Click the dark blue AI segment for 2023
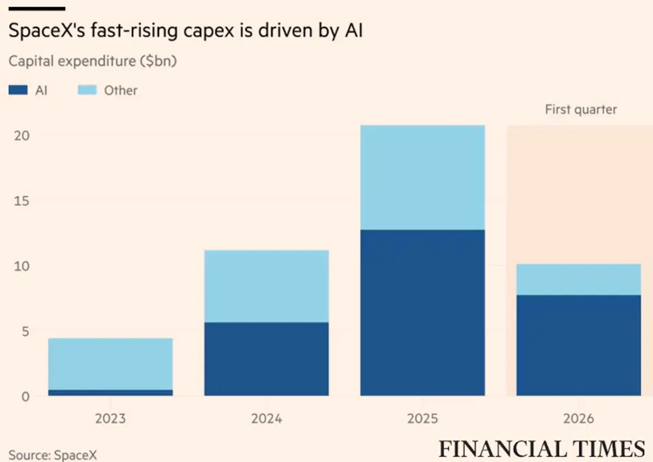[x=111, y=392]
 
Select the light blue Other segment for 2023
[x=111, y=364]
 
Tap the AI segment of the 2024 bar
[x=267, y=359]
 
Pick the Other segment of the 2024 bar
[x=267, y=286]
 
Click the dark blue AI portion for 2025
[x=423, y=313]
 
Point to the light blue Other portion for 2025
[x=423, y=177]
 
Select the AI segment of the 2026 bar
[x=578, y=345]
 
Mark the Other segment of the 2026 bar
[x=578, y=279]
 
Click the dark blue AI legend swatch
[x=18, y=90]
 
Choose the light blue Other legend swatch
[x=87, y=90]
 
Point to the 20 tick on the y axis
[x=21, y=135]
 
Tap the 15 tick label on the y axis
[x=21, y=201]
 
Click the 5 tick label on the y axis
[x=26, y=331]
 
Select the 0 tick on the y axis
[x=26, y=396]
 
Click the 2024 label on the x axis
[x=267, y=418]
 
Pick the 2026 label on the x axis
[x=578, y=418]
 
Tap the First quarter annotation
[x=581, y=110]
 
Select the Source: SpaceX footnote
[x=53, y=454]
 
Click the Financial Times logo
[x=542, y=449]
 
